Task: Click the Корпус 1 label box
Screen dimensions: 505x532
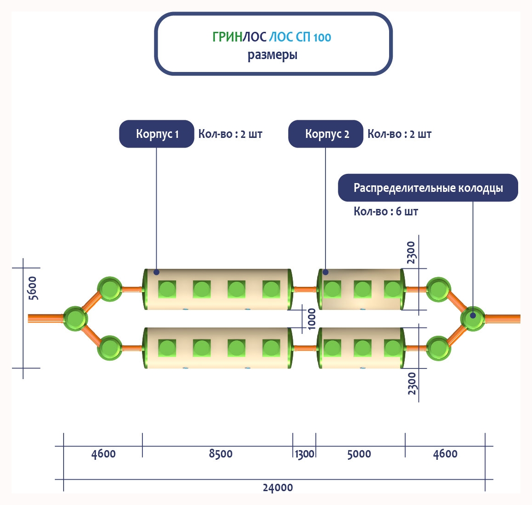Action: pyautogui.click(x=156, y=134)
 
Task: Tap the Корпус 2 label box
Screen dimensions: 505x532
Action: pyautogui.click(x=325, y=134)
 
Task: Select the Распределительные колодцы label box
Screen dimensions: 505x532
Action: pyautogui.click(x=428, y=188)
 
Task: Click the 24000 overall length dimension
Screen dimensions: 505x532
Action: pyautogui.click(x=278, y=487)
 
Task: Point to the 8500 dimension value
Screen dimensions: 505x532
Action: pyautogui.click(x=220, y=454)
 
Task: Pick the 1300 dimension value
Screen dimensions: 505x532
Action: pyautogui.click(x=304, y=454)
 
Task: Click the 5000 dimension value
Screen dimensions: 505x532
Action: pyautogui.click(x=359, y=454)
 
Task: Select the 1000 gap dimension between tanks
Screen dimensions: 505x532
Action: pyautogui.click(x=312, y=319)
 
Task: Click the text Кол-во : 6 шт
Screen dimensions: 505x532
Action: pyautogui.click(x=385, y=212)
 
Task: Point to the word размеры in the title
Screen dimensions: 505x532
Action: pyautogui.click(x=272, y=55)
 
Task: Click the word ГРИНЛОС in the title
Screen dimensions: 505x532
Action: pyautogui.click(x=239, y=37)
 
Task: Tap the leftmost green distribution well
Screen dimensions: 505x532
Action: pyautogui.click(x=75, y=318)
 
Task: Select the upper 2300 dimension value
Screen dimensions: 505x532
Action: pyautogui.click(x=411, y=253)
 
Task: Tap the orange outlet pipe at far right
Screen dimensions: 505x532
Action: pyautogui.click(x=503, y=318)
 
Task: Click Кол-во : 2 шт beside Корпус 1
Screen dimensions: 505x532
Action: pyautogui.click(x=230, y=134)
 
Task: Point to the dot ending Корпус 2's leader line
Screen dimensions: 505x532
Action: pyautogui.click(x=325, y=272)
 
